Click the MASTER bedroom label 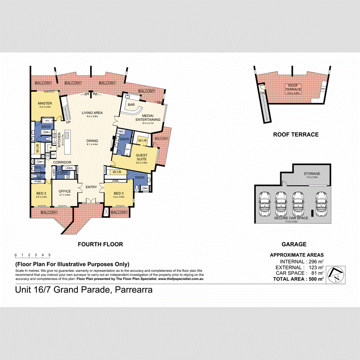coord(45,104)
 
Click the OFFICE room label coord(65,191)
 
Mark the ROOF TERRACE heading coord(295,135)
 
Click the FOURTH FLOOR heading coord(100,244)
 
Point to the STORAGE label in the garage coord(312,174)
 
